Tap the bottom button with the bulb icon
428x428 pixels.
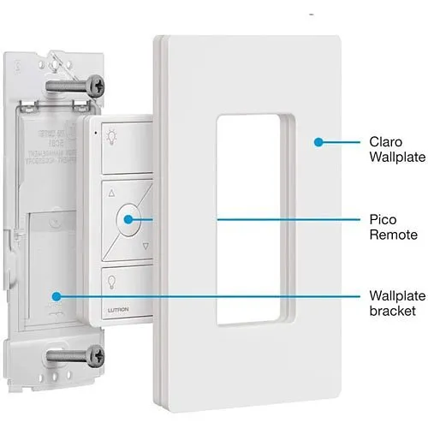112,279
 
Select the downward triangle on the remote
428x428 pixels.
145,246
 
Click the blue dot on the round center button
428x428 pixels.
127,219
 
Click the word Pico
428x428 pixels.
383,219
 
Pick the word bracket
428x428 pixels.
390,312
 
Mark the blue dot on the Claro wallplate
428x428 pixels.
318,142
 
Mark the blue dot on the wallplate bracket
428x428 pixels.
56,296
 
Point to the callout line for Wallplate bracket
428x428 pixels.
214,296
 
